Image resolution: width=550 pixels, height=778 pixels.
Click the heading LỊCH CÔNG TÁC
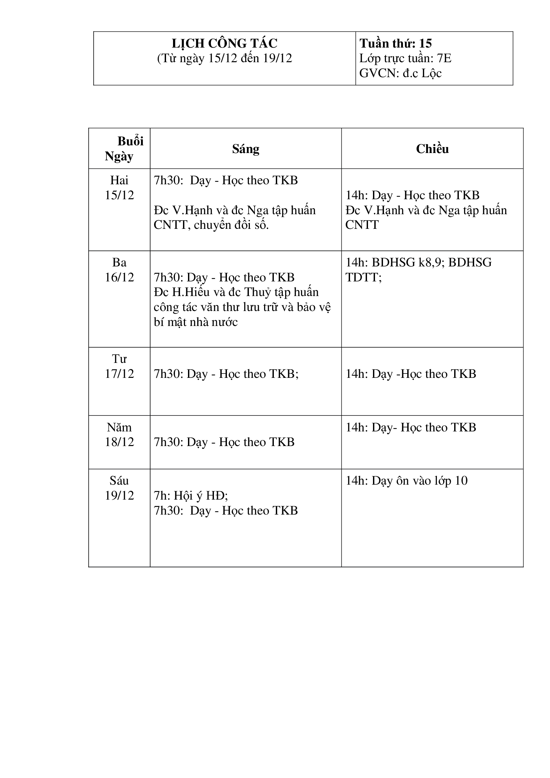tap(224, 43)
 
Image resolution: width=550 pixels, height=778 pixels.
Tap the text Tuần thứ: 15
tap(396, 43)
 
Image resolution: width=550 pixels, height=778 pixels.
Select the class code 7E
tap(444, 58)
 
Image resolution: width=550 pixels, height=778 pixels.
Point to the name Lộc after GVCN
tap(432, 73)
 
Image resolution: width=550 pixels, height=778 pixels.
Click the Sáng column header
tap(246, 149)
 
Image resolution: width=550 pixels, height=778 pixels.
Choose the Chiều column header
tap(432, 149)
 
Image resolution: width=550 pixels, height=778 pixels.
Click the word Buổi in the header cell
tap(130, 141)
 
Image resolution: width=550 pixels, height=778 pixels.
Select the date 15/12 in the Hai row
tap(119, 195)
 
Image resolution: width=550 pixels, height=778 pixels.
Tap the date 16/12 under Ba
tap(119, 277)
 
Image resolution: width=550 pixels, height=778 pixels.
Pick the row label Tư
tap(119, 359)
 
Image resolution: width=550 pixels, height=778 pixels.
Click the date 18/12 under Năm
tap(119, 442)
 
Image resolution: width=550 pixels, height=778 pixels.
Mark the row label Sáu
tap(119, 481)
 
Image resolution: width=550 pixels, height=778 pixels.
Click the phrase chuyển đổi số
tap(231, 225)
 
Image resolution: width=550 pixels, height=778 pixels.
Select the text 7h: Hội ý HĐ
tap(190, 496)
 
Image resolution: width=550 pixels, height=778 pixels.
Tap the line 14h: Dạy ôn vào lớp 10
tap(406, 481)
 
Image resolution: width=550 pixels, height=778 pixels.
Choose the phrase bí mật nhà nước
tap(196, 322)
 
